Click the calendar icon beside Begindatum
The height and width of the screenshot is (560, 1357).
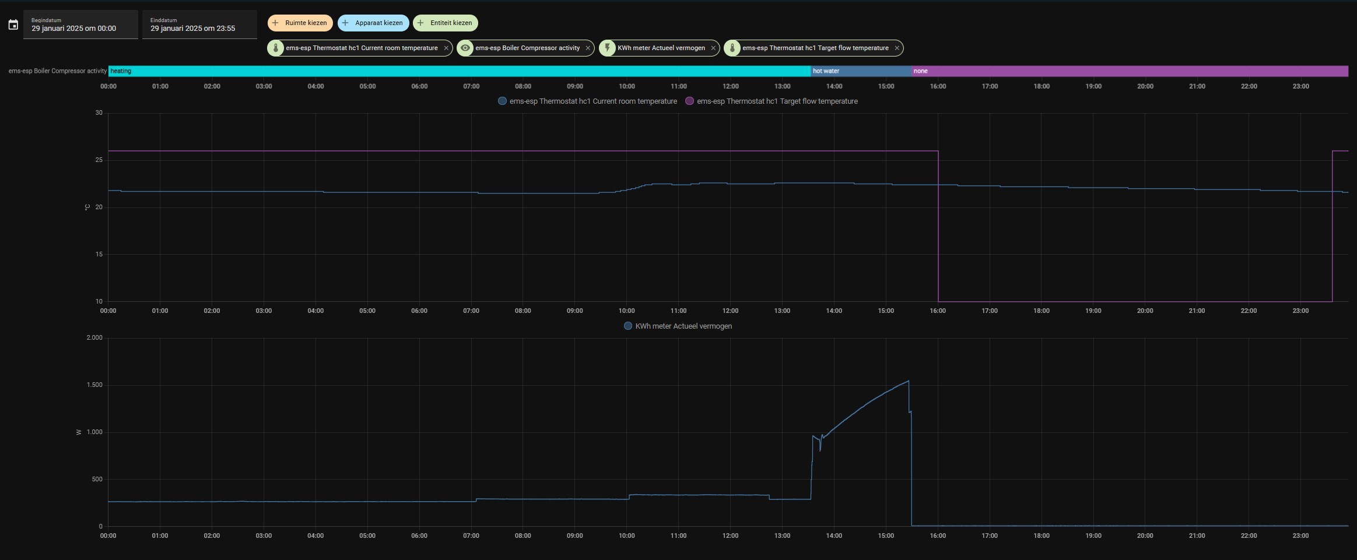[x=13, y=24]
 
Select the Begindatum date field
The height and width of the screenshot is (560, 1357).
[x=80, y=24]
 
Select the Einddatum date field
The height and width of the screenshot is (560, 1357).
[x=199, y=24]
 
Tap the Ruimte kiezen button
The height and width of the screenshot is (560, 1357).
[x=300, y=23]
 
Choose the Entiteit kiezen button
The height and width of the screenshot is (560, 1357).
[x=446, y=23]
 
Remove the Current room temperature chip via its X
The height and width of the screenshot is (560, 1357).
[x=446, y=48]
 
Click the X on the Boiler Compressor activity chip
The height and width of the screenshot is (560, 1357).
[x=588, y=48]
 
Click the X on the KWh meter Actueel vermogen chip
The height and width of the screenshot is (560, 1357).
[x=713, y=48]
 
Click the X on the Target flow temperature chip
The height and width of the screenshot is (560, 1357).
[x=897, y=48]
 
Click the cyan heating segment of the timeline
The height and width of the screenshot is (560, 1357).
[x=460, y=71]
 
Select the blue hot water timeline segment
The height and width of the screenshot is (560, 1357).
[x=861, y=71]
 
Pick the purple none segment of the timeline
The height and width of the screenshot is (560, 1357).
[x=1130, y=71]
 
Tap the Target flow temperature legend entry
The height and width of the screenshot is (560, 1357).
[x=772, y=101]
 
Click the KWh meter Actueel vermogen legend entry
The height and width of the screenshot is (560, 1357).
[x=678, y=326]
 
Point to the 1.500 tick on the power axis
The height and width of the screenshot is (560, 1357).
[x=94, y=385]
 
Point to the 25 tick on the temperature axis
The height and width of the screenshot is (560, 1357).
[x=99, y=160]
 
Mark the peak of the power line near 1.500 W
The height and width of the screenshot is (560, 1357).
[x=909, y=381]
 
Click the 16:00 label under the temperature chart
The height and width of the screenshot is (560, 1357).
[x=938, y=311]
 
